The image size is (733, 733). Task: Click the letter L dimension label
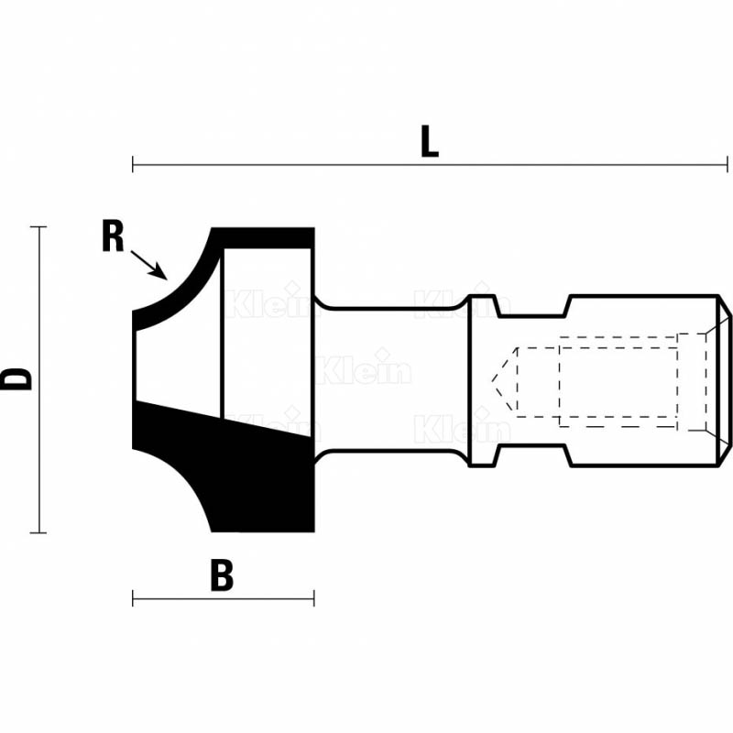point(430,141)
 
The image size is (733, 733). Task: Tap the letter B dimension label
point(222,575)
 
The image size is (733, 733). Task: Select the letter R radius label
point(113,236)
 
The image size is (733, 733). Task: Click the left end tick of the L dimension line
point(133,165)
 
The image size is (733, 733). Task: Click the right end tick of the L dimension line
point(728,165)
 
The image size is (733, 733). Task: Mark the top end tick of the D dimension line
point(38,226)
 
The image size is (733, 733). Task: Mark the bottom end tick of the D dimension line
point(38,532)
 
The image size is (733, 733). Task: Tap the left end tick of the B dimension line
point(133,598)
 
